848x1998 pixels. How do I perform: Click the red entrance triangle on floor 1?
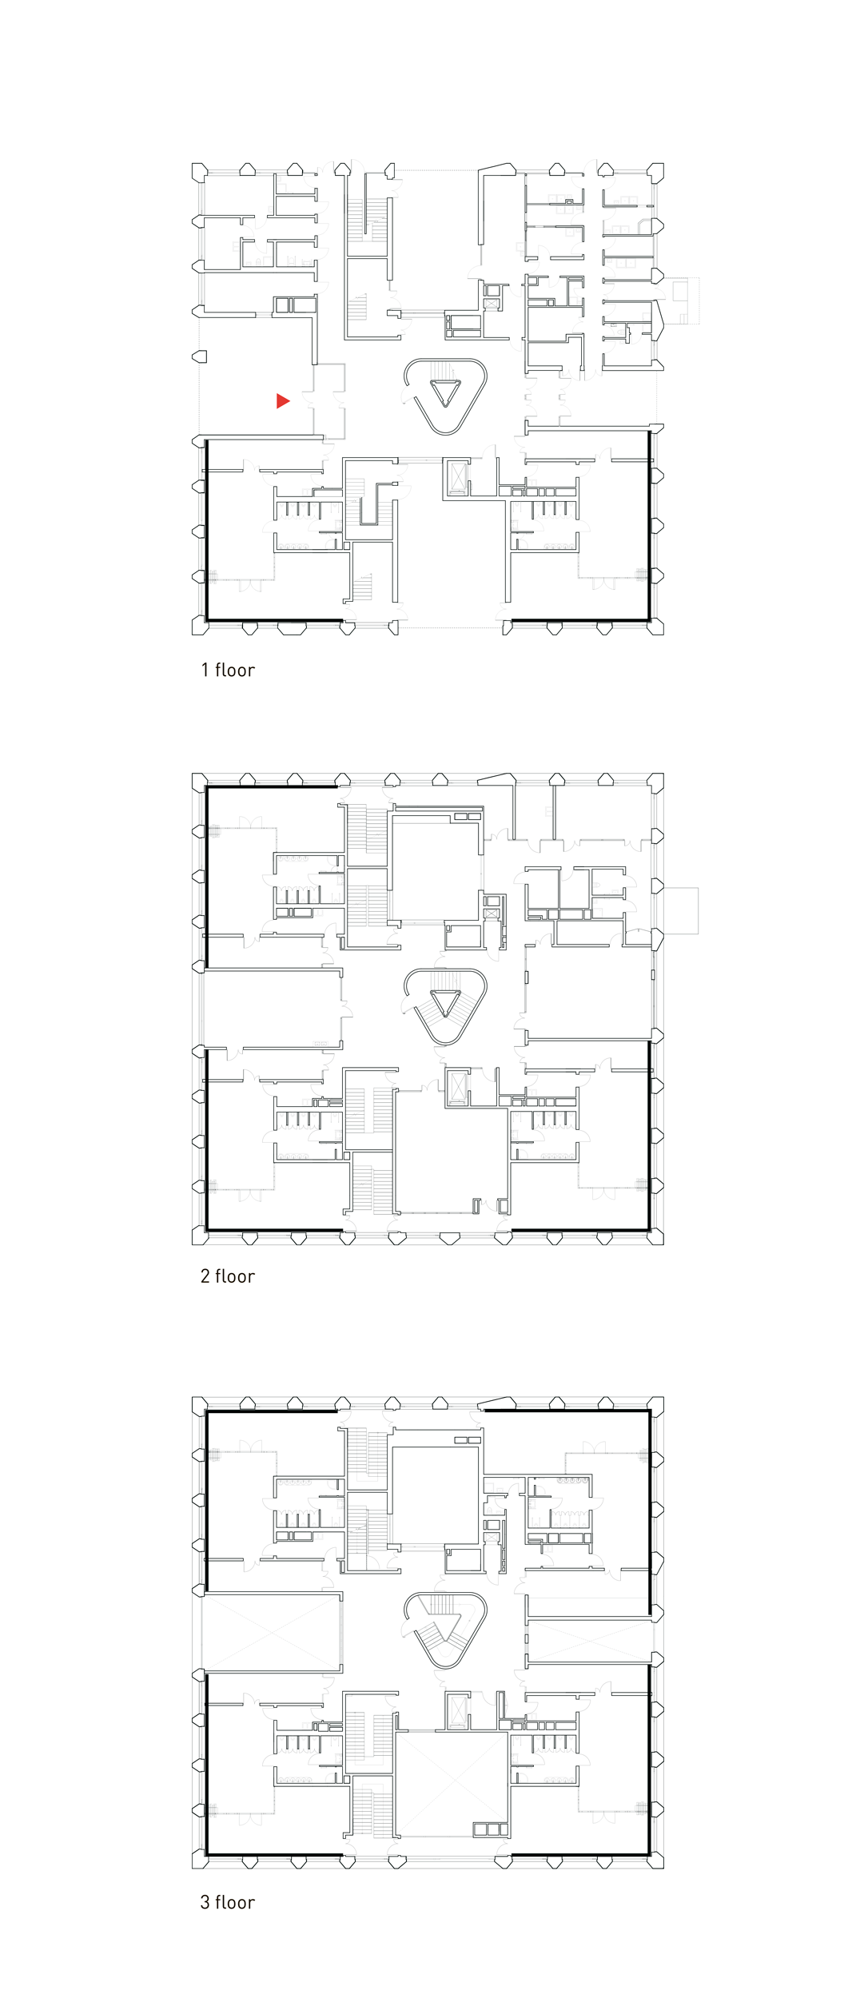(283, 401)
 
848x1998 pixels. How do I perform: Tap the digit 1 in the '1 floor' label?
(205, 670)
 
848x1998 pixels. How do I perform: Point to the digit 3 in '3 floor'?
(205, 1902)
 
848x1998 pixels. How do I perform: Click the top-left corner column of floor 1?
(199, 170)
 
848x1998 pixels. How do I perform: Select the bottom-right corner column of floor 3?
(656, 1861)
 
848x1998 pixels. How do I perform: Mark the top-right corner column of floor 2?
(656, 780)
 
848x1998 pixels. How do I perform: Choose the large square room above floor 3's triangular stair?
(436, 1493)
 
